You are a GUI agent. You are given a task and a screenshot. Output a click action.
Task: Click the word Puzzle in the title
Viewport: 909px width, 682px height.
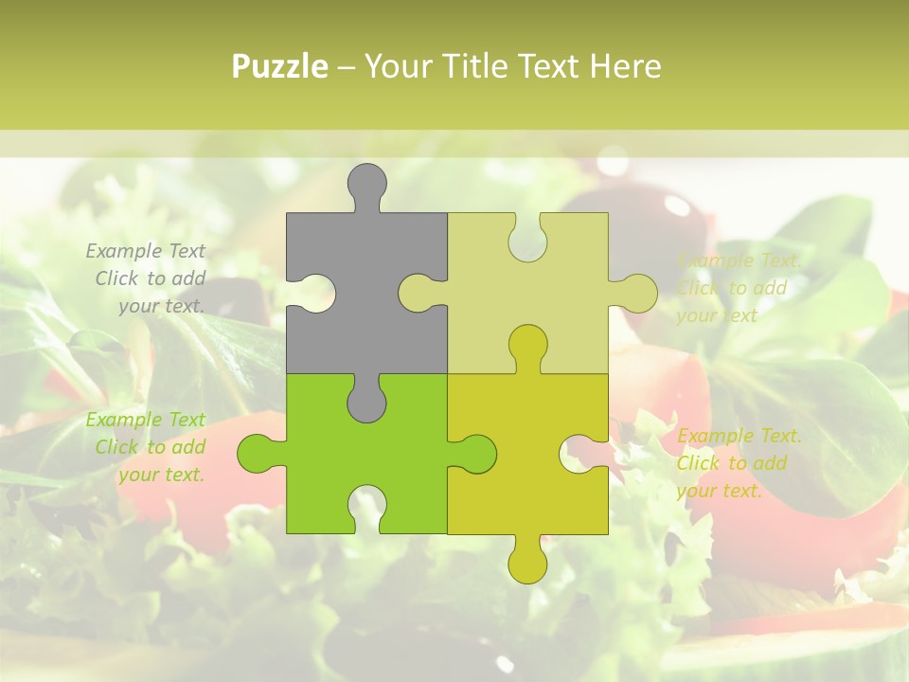point(280,66)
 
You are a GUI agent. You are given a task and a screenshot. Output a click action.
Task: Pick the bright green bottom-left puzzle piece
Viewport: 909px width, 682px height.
point(312,445)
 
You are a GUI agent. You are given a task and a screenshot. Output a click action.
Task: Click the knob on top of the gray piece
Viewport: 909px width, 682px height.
point(367,185)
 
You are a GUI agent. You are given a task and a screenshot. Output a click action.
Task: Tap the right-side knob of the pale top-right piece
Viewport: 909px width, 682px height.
point(634,293)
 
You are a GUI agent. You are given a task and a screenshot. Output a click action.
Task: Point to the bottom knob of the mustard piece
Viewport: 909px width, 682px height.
point(527,563)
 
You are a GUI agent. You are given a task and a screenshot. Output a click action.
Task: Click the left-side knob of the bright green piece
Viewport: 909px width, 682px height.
point(258,454)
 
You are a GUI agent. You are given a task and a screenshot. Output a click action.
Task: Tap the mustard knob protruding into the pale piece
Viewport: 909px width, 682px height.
point(527,346)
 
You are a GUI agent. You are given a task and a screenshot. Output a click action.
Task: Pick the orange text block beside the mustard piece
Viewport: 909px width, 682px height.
point(739,463)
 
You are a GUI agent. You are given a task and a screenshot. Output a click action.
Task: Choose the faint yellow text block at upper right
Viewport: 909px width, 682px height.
point(739,288)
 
